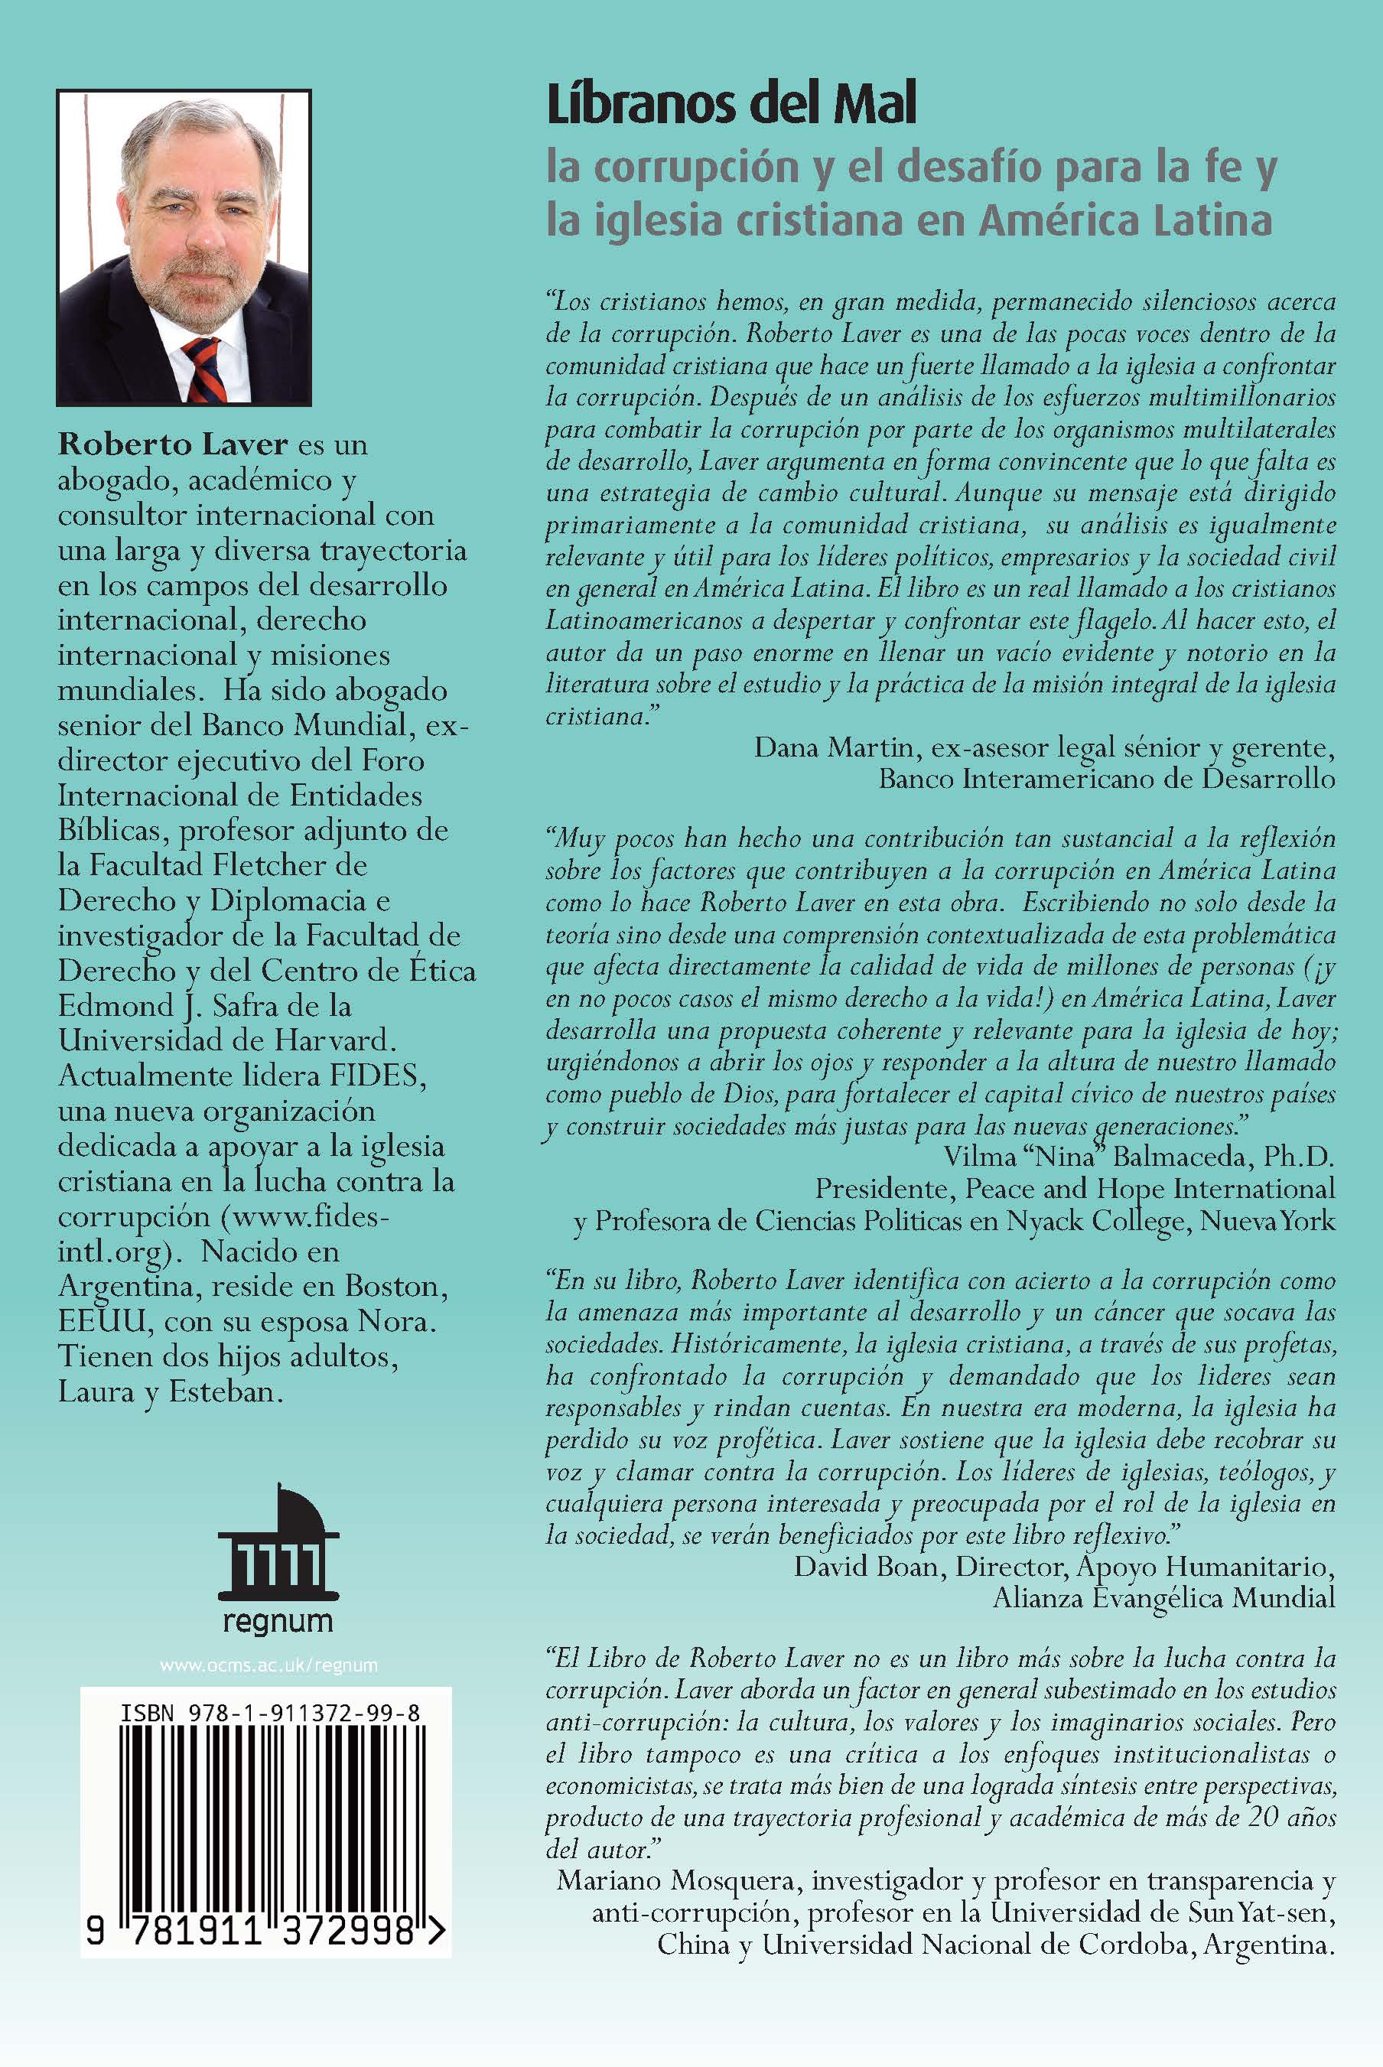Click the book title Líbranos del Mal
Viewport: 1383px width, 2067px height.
coord(731,106)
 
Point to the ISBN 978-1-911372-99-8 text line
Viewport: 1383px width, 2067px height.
coord(270,1714)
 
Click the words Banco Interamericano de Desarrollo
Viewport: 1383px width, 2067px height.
coord(1107,779)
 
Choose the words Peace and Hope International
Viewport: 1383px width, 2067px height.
coord(1149,1189)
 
